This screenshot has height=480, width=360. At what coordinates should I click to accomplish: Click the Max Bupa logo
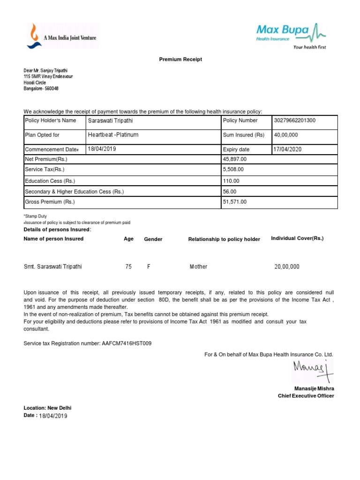tap(291, 36)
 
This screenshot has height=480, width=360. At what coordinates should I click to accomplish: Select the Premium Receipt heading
tap(180, 60)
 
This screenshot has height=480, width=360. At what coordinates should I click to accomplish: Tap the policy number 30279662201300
tap(295, 120)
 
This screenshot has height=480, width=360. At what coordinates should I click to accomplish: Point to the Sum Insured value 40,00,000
tap(286, 135)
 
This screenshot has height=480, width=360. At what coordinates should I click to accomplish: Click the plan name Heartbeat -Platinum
tap(113, 135)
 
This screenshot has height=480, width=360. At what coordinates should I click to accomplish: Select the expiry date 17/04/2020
tap(288, 149)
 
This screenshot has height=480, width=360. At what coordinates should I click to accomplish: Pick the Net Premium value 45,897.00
tap(234, 159)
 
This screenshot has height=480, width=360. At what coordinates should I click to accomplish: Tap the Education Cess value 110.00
tap(231, 180)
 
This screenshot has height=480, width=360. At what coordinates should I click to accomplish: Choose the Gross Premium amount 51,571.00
tap(234, 202)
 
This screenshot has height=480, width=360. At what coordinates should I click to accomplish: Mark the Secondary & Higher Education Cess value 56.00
tap(230, 191)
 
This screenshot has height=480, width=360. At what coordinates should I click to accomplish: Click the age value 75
tap(128, 267)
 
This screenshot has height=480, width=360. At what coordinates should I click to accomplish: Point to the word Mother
tap(198, 267)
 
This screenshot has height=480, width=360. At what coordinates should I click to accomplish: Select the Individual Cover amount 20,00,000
tap(287, 267)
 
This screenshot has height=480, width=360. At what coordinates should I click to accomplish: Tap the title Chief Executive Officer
tap(306, 396)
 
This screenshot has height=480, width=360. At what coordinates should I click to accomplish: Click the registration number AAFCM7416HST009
tap(127, 344)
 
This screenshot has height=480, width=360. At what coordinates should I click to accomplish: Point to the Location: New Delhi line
tap(47, 408)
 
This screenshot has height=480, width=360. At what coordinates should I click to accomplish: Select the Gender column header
tap(153, 239)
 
